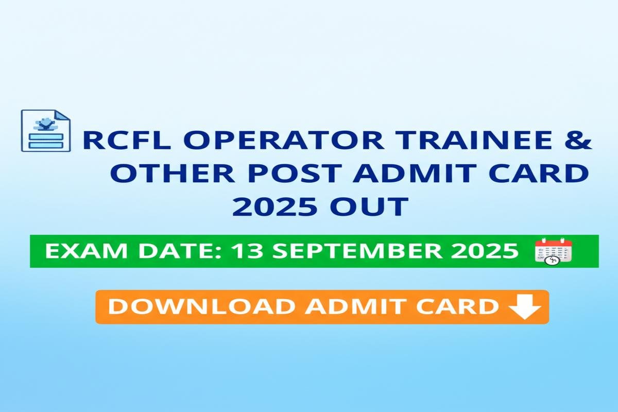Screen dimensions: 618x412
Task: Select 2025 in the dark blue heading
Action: click(274, 206)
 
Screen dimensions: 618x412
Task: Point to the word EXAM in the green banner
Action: click(86, 251)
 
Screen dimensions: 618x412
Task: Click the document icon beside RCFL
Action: click(46, 130)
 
